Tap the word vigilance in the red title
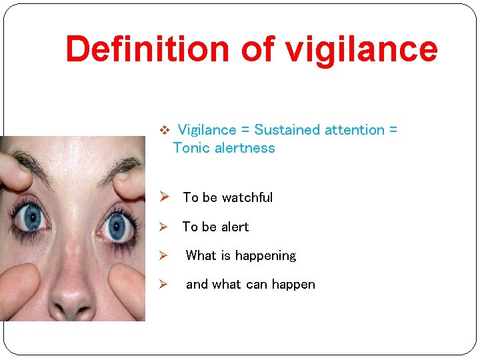pos(361,49)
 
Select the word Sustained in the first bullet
pos(287,130)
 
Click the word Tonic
pos(191,148)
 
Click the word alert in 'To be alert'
pos(234,227)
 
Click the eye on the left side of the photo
pos(30,217)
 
